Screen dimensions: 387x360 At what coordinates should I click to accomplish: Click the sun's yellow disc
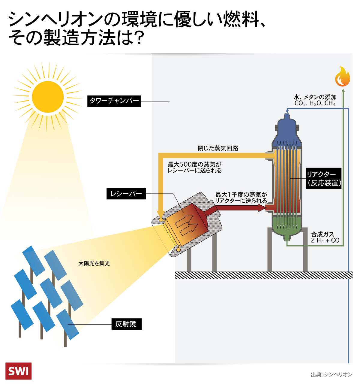click(x=48, y=97)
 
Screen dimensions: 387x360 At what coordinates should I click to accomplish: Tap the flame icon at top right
click(x=343, y=77)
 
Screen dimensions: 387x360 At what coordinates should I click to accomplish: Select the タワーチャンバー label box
click(x=114, y=101)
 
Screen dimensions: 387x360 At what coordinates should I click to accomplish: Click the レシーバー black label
click(x=126, y=194)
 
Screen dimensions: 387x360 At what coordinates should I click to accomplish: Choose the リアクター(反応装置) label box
click(x=323, y=178)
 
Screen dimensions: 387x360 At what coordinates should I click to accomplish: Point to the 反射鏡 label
click(x=126, y=324)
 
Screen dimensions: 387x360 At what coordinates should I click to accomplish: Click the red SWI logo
click(x=18, y=371)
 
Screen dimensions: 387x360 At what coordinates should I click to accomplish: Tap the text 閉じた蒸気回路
click(x=218, y=148)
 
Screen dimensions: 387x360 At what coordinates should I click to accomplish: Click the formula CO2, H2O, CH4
click(x=315, y=103)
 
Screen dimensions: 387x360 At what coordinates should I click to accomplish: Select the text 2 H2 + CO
click(x=325, y=240)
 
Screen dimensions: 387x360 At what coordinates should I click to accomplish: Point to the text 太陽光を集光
click(x=94, y=263)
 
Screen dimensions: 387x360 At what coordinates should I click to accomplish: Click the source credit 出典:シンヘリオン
click(x=331, y=374)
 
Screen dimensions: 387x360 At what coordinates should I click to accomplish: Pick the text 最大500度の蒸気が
click(x=194, y=164)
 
